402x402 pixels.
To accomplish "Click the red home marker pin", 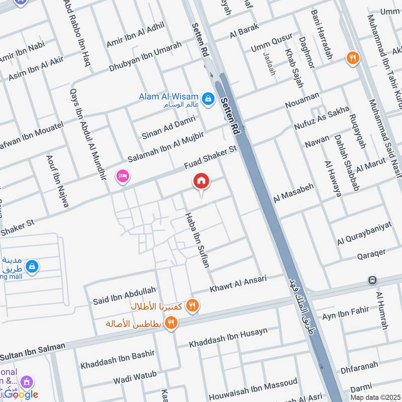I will tap(202, 181).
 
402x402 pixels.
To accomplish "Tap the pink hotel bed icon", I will tap(122, 176).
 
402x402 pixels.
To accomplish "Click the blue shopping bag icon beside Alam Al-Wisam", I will tap(207, 97).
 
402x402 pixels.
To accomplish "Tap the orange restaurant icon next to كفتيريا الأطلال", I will tap(192, 306).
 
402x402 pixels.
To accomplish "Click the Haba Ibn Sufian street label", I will tap(197, 240).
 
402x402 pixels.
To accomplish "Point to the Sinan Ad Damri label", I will tap(168, 128).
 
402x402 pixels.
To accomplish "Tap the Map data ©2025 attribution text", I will tap(375, 397).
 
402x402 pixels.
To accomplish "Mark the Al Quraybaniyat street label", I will tap(364, 232).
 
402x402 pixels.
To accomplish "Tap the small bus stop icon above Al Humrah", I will tap(373, 279).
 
